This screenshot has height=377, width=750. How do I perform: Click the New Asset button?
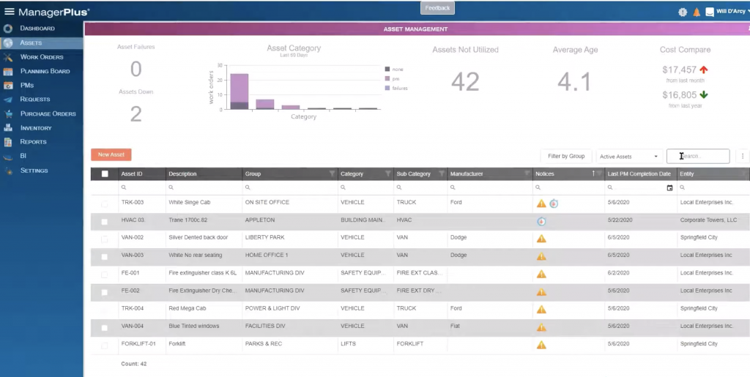[111, 154]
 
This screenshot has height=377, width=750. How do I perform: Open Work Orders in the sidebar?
[42, 56]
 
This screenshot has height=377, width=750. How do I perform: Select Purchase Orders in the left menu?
[48, 113]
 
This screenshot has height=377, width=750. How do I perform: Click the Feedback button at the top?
[438, 8]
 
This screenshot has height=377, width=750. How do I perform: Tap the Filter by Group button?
[565, 156]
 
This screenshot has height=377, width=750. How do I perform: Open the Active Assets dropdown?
[628, 156]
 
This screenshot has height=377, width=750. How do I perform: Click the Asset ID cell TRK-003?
[133, 202]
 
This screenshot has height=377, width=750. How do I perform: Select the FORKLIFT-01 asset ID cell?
[138, 344]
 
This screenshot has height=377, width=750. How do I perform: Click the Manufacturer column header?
[467, 174]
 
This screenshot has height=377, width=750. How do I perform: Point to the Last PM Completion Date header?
[639, 174]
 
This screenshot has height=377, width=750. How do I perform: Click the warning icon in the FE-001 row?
[541, 274]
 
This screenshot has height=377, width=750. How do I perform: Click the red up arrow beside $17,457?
[704, 70]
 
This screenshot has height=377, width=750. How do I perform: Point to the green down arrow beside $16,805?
[704, 94]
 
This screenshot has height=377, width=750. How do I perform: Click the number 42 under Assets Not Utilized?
[465, 82]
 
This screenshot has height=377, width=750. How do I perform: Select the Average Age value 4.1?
[573, 82]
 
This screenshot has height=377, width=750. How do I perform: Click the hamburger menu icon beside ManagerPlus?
[9, 12]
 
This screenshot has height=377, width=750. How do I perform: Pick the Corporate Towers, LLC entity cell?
[708, 220]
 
